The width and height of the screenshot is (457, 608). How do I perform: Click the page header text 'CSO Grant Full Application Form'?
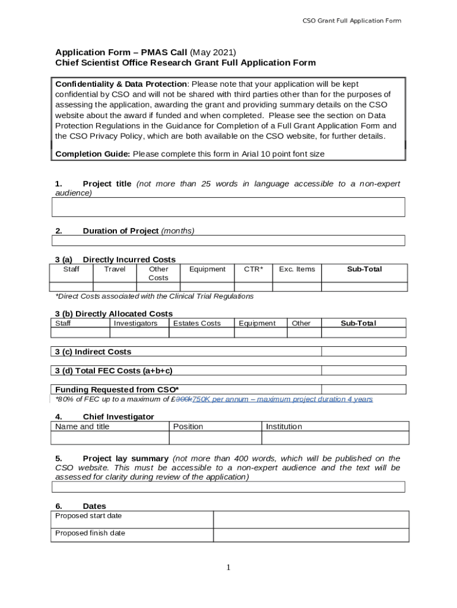click(x=351, y=21)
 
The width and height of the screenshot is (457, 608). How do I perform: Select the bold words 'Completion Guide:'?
click(x=93, y=154)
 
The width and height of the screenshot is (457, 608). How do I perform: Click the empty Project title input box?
click(x=228, y=207)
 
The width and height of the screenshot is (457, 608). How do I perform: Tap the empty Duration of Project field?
click(x=228, y=240)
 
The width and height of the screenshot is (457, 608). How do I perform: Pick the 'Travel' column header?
click(x=115, y=270)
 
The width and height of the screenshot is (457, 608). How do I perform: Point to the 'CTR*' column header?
click(x=253, y=270)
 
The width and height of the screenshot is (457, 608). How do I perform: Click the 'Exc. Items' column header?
click(x=297, y=270)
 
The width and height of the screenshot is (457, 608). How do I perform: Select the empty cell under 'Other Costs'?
click(x=158, y=287)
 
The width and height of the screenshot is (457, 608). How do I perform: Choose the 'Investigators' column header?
click(x=135, y=324)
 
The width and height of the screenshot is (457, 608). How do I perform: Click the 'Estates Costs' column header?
click(x=196, y=324)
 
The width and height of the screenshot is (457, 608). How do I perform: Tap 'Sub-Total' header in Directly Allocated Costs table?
click(x=358, y=324)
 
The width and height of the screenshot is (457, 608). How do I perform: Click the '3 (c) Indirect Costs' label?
click(x=93, y=352)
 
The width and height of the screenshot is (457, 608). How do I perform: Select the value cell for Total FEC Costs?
click(x=363, y=370)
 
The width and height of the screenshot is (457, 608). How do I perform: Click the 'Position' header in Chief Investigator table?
click(x=188, y=426)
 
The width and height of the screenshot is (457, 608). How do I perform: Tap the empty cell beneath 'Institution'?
click(x=335, y=438)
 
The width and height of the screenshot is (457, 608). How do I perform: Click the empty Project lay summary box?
click(x=228, y=487)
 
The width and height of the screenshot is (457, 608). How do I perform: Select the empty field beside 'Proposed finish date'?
click(x=310, y=535)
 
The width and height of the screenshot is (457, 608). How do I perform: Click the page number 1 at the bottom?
click(x=228, y=568)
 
